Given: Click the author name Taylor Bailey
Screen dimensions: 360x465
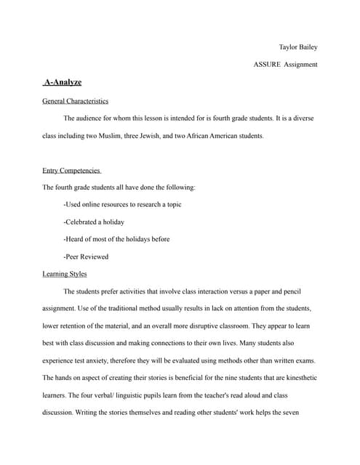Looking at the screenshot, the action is pos(298,47).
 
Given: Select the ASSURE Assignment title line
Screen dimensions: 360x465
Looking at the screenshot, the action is pos(285,65).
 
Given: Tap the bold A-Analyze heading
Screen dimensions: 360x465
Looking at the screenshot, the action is pos(63,83).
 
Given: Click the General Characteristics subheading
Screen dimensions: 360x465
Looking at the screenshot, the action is pos(76,101).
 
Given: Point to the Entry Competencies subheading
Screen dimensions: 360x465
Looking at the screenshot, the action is pos(72,170).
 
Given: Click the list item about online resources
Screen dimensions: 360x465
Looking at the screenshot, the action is pos(122,204).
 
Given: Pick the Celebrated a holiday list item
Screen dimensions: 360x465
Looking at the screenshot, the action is pos(95,222).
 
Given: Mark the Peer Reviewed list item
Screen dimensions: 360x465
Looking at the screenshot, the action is pos(87,256).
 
